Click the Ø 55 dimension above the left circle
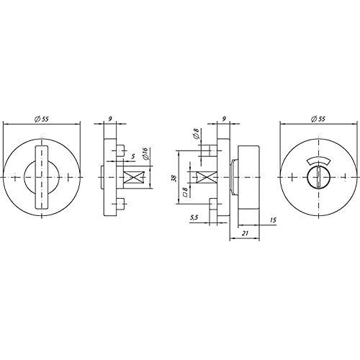point(42,119)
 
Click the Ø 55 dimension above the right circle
point(318,119)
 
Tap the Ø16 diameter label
point(145,153)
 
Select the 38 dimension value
point(174,178)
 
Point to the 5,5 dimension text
point(194,217)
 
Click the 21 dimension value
point(245,233)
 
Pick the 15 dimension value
point(273,220)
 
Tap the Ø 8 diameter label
point(196,134)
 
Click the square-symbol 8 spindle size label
point(185,192)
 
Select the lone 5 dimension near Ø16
point(133,156)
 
